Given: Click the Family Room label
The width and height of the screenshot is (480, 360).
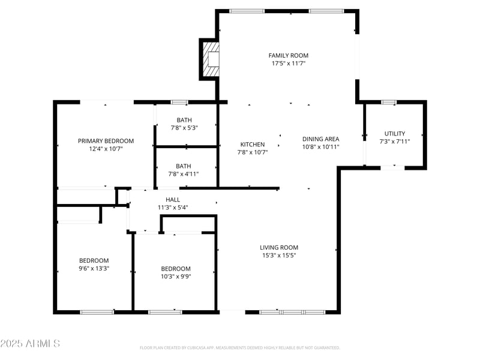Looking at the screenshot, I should pos(288,55).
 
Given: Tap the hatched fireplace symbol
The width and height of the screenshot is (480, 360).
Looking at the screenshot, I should pos(211,59).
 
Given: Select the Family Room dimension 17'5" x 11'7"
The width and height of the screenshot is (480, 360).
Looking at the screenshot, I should pos(288,63).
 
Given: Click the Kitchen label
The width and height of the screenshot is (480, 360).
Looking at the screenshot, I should pos(253,145).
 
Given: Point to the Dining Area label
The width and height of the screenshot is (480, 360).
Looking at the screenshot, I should pos(320,139).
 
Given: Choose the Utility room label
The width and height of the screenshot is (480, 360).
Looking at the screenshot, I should pos(395,133).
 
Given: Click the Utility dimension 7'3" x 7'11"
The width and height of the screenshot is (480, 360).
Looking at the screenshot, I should pos(395,141).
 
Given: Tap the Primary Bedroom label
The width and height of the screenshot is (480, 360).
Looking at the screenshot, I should pos(106,141).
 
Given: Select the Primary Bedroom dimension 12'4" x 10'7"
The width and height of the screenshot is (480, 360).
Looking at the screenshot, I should pos(106,149).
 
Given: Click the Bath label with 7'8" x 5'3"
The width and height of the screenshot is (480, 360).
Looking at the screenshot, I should pos(184,120).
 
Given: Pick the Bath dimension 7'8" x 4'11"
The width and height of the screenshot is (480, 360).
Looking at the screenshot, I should pos(184,174).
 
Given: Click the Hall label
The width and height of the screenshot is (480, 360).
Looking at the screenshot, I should pos(173,199).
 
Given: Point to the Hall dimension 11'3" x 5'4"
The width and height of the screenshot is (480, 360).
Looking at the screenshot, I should pos(173,208).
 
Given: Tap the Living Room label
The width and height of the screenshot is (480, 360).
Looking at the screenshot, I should pos(278,247).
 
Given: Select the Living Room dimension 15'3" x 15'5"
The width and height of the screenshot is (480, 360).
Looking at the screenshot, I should pos(278,255).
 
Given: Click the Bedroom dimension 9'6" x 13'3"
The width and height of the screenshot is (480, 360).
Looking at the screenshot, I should pos(94,268).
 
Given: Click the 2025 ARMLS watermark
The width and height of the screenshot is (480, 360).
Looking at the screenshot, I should pos(30,344).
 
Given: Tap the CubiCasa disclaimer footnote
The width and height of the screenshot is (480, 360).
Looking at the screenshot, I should pos(240,347).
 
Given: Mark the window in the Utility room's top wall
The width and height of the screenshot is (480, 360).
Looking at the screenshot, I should pos(389,102).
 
